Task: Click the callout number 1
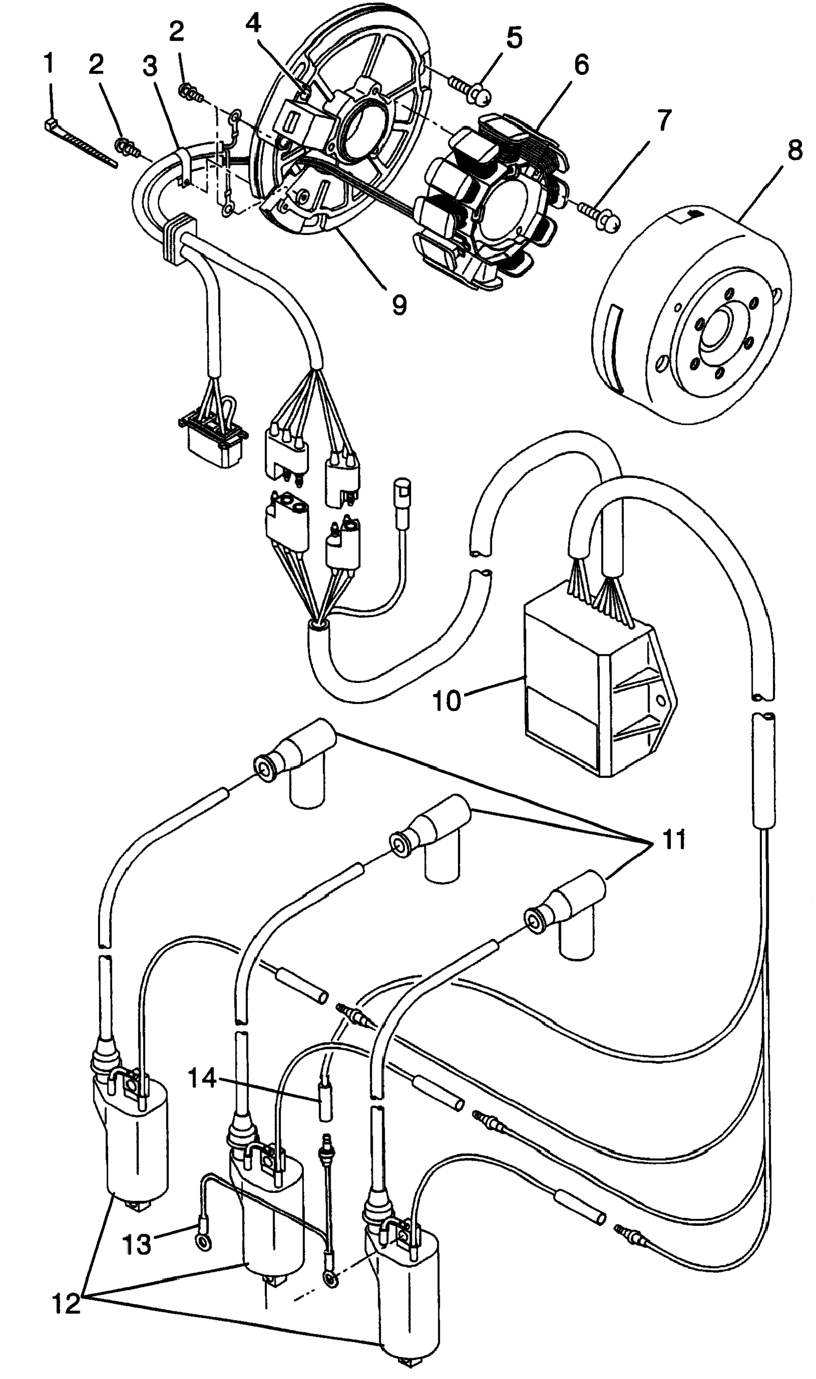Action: coord(49,63)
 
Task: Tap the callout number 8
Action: coord(795,151)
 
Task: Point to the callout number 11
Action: coord(674,840)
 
